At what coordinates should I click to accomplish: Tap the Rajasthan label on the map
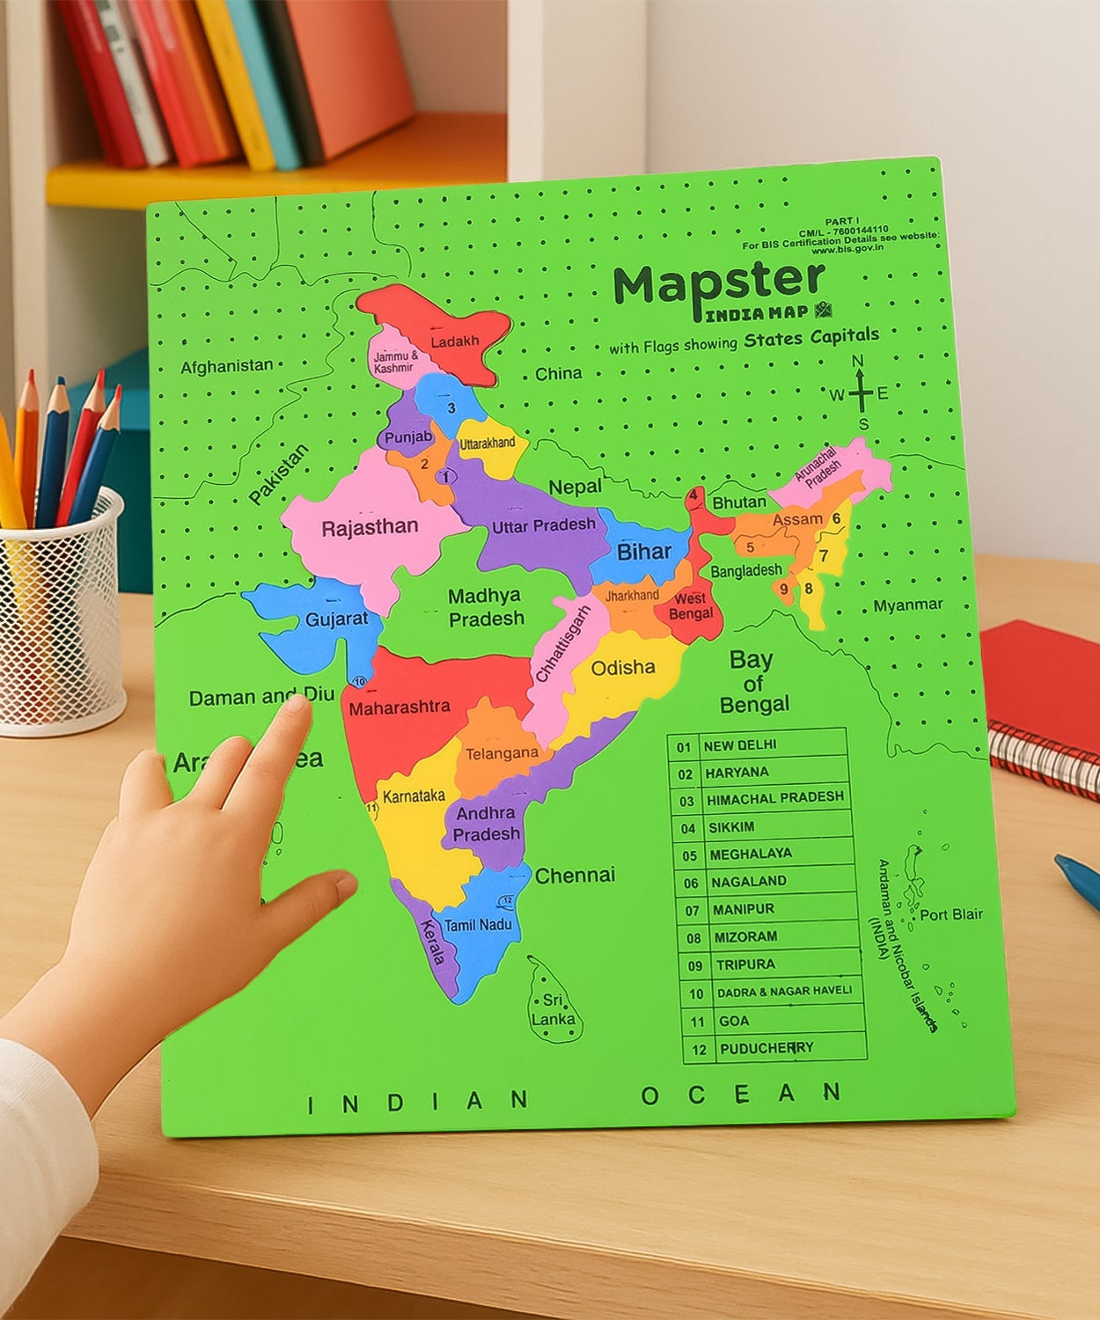point(370,528)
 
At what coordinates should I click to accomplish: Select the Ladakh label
point(454,341)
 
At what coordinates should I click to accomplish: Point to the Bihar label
point(643,552)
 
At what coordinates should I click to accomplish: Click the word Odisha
point(623,668)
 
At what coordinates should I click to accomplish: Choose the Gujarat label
point(336,619)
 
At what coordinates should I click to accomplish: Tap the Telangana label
point(502,753)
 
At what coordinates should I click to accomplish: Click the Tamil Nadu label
point(478,925)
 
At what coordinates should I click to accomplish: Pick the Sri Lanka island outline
point(554,1003)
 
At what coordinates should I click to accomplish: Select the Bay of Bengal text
point(752,682)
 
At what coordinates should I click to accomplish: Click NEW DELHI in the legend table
point(739,745)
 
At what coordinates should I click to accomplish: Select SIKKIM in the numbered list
point(731,827)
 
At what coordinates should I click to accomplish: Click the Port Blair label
point(951,914)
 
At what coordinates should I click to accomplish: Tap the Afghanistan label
point(227,365)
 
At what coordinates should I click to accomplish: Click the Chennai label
point(575,876)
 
